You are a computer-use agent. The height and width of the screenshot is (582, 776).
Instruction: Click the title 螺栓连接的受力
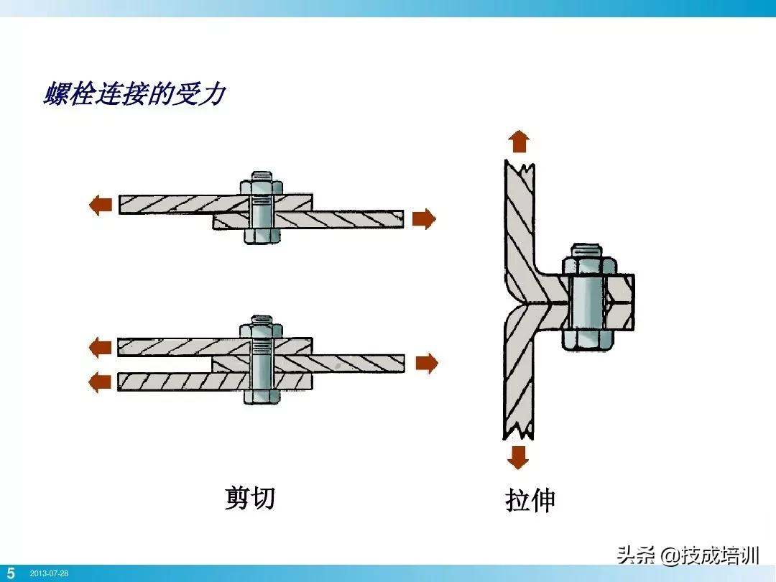(x=134, y=94)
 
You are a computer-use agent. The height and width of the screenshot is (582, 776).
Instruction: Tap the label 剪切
(x=249, y=497)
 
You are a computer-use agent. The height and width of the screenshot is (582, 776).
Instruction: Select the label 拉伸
(x=530, y=501)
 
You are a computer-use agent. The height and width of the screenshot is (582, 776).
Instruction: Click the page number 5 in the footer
(x=11, y=573)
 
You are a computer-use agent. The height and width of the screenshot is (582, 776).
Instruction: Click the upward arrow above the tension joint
(x=519, y=142)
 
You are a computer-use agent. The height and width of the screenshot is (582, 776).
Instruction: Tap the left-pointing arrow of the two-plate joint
(x=100, y=205)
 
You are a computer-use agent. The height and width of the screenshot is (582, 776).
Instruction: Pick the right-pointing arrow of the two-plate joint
(x=424, y=218)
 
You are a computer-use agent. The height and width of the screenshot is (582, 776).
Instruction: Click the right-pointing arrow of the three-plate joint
(x=426, y=364)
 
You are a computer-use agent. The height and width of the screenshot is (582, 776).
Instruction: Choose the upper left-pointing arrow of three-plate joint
(x=100, y=348)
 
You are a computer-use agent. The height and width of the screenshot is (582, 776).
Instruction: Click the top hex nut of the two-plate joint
(x=262, y=187)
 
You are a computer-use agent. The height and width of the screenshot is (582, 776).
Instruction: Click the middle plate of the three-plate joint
(x=345, y=364)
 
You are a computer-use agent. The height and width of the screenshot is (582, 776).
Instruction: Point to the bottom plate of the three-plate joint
(x=180, y=381)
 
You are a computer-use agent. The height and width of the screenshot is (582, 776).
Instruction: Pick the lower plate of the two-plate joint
(x=345, y=219)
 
